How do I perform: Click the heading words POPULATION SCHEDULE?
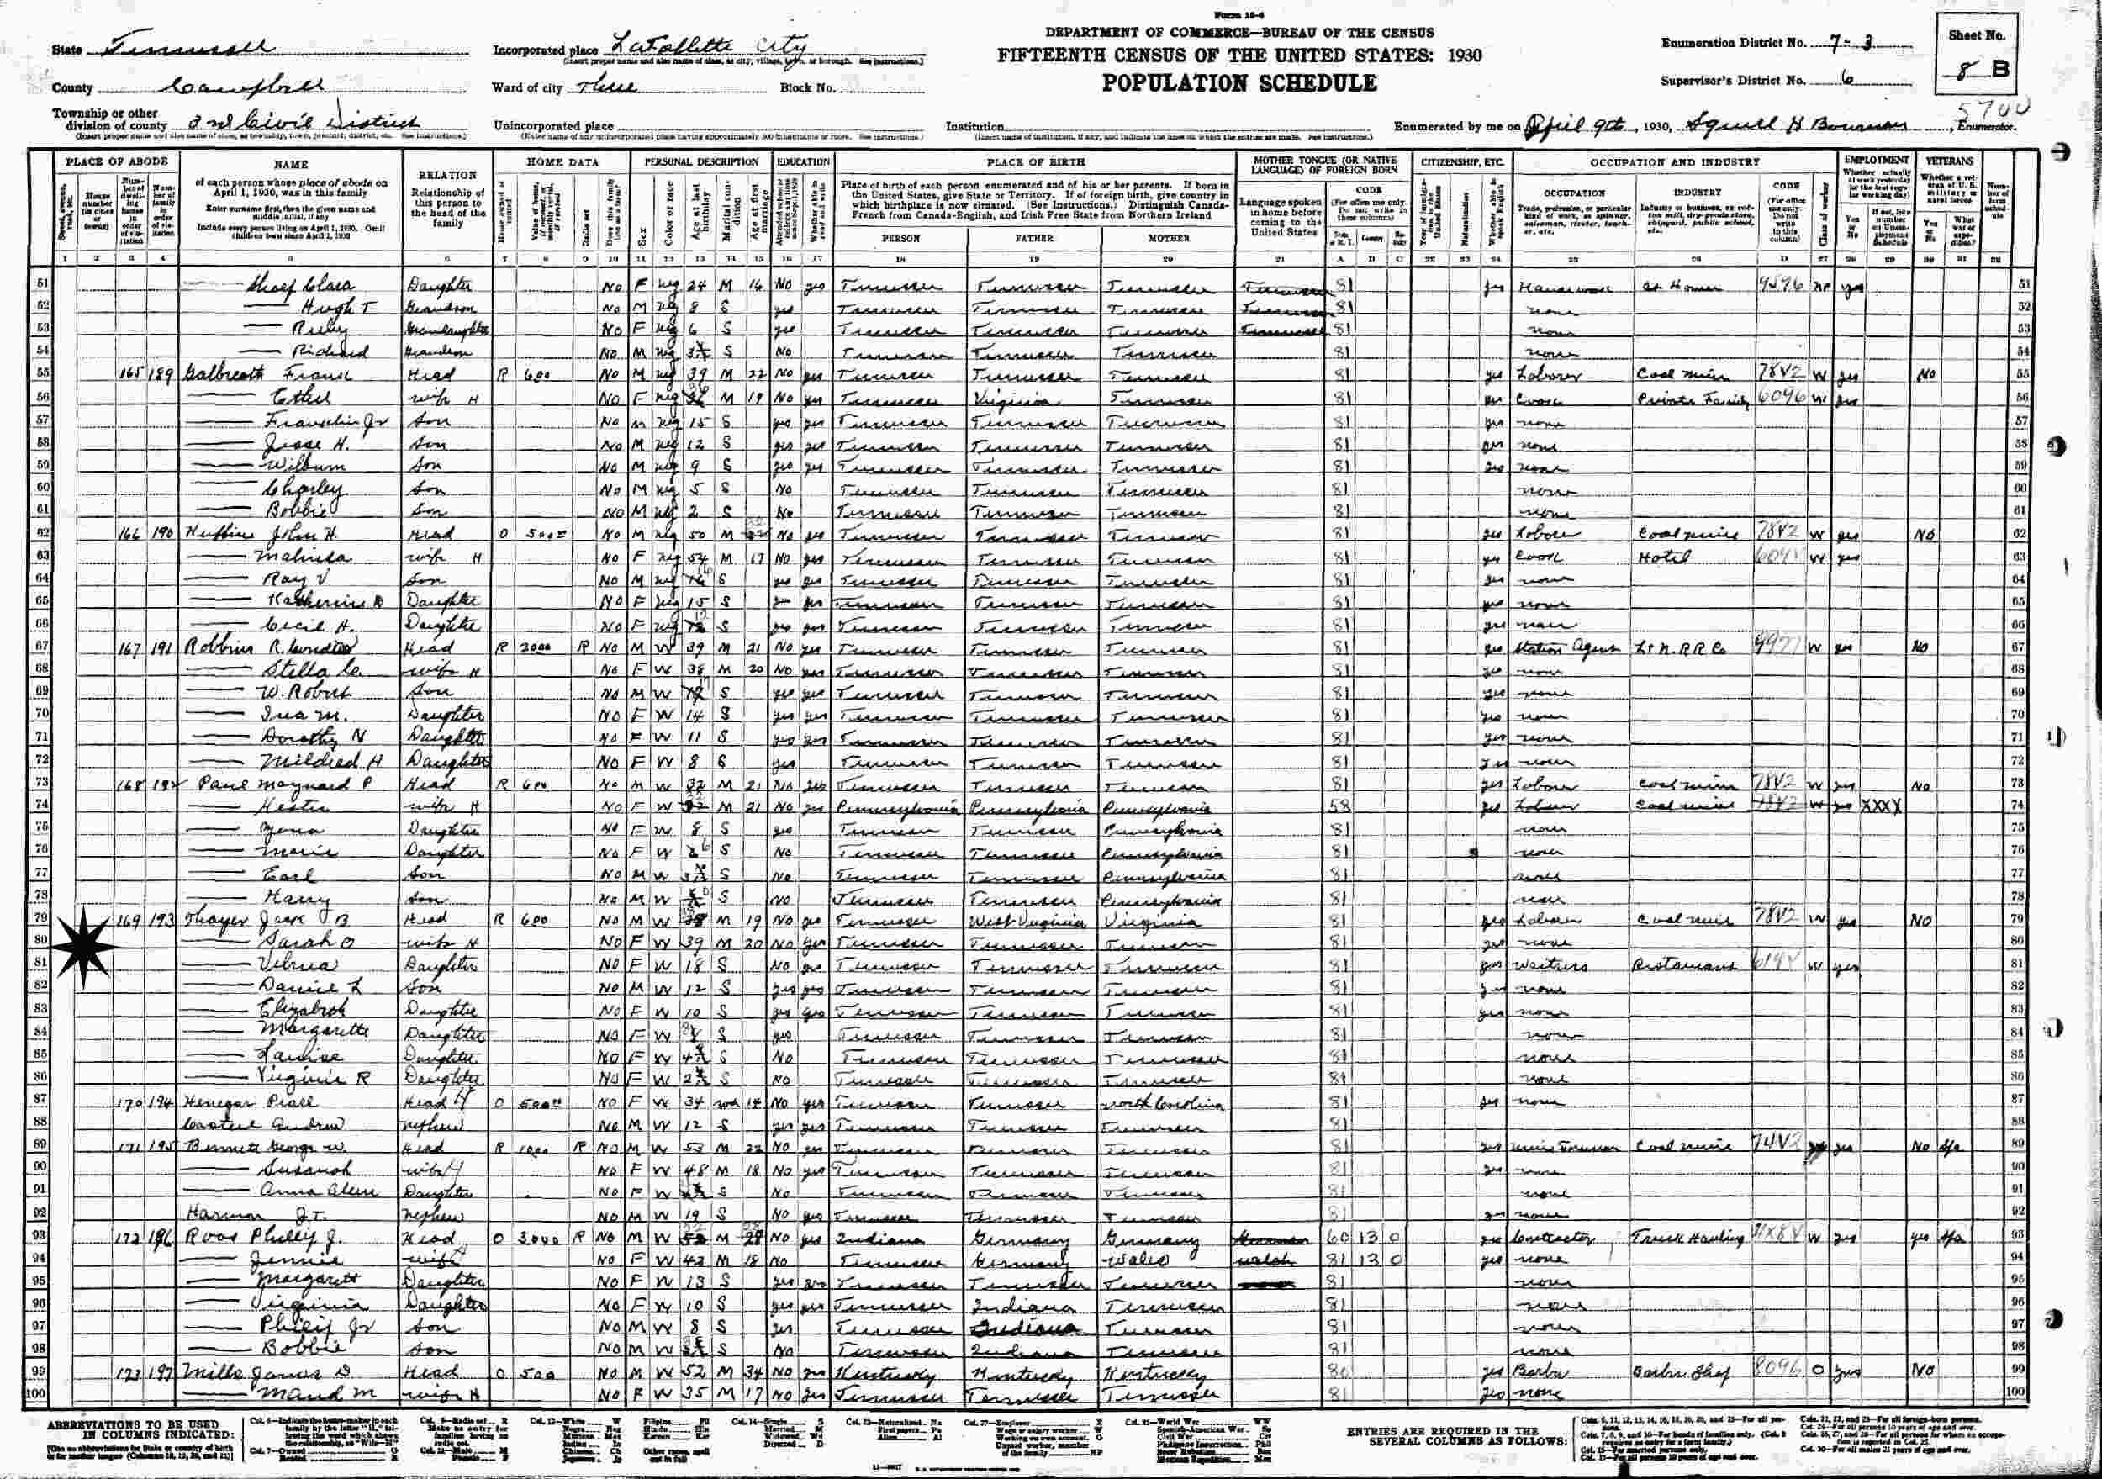click(x=1238, y=83)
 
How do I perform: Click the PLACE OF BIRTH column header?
click(x=1034, y=162)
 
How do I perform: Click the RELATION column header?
click(x=447, y=174)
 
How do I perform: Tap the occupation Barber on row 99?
click(x=1547, y=1373)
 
